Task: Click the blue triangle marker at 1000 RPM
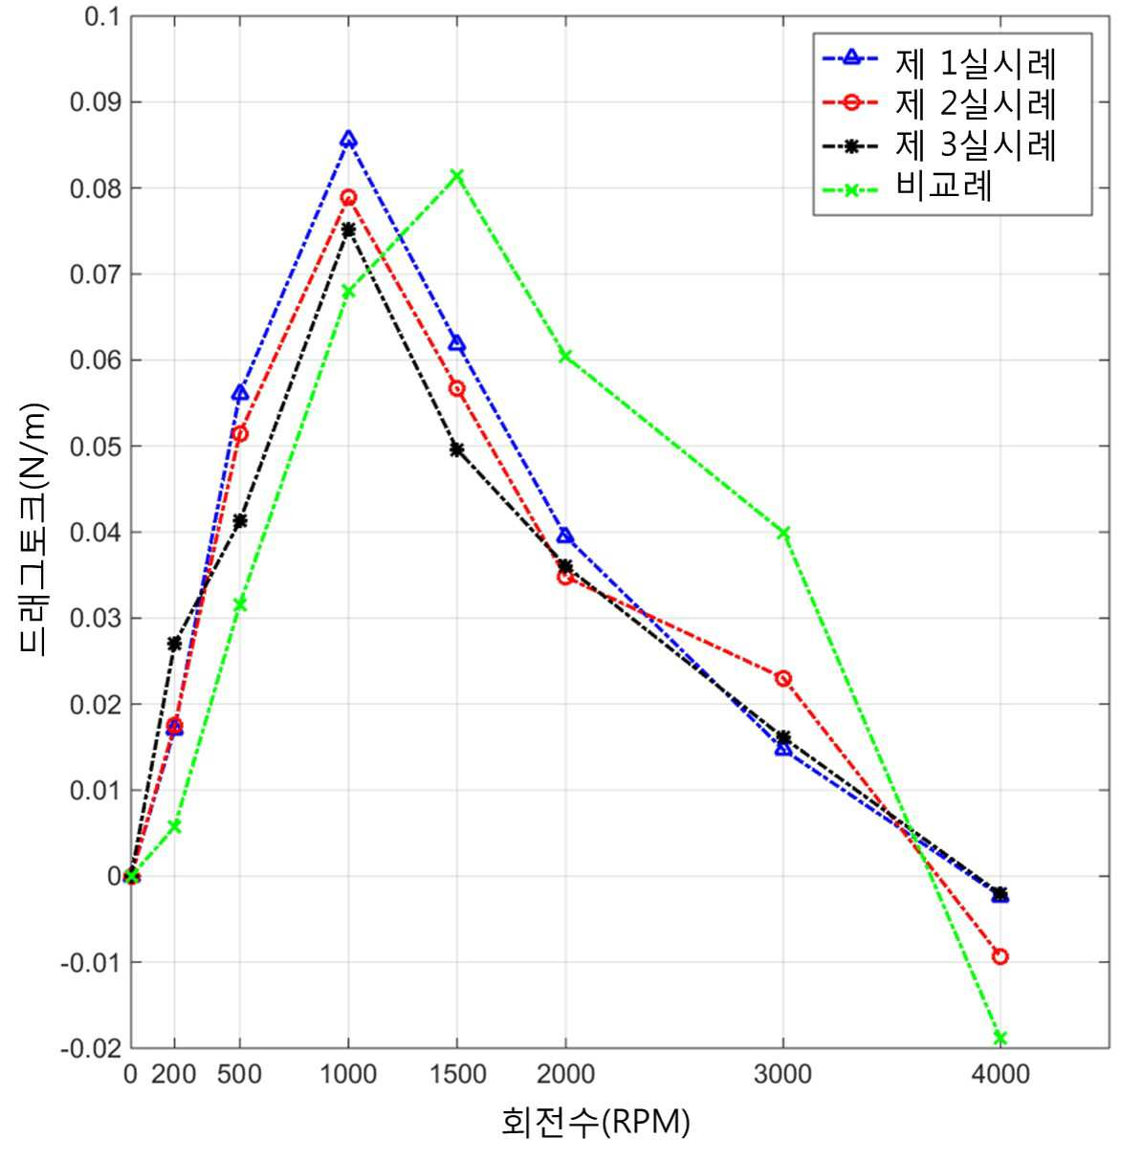349,140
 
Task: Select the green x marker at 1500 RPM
457,175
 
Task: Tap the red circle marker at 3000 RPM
783,678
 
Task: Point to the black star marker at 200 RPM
174,644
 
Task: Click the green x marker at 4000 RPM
1000,1039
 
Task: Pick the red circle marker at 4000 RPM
1000,956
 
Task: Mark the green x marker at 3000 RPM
783,533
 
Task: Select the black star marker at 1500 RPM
457,450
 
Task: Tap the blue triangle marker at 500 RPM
240,393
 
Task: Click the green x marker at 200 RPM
174,826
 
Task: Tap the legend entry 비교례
907,186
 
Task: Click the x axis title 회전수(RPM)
595,1123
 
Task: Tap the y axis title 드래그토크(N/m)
33,530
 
